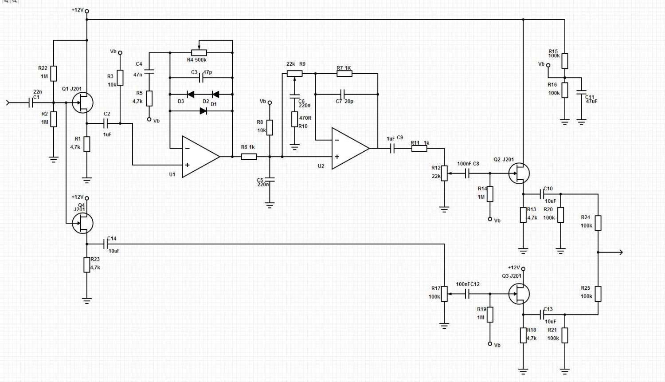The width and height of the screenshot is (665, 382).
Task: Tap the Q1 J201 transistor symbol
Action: pyautogui.click(x=82, y=103)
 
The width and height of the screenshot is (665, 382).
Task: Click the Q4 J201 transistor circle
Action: pyautogui.click(x=82, y=223)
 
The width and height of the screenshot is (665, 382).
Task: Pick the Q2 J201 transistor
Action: pyautogui.click(x=519, y=173)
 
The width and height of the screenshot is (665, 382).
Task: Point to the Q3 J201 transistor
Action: pyautogui.click(x=519, y=294)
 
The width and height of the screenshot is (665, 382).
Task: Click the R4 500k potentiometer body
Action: pyautogui.click(x=199, y=53)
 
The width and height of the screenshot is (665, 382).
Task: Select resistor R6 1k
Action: pyautogui.click(x=249, y=157)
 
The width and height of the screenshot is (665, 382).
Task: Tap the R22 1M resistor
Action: pyautogui.click(x=54, y=73)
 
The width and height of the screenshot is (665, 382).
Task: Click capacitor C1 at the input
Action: pyautogui.click(x=31, y=103)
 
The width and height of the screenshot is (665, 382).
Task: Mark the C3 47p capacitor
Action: pyautogui.click(x=201, y=78)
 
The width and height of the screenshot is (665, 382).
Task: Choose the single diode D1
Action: pyautogui.click(x=203, y=111)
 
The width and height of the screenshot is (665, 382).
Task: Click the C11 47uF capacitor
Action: pyautogui.click(x=581, y=92)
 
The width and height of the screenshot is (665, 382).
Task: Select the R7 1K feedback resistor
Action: pyautogui.click(x=344, y=73)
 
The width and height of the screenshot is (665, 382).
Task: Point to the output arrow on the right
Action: pyautogui.click(x=610, y=252)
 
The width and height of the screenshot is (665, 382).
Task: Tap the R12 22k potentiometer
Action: pyautogui.click(x=444, y=173)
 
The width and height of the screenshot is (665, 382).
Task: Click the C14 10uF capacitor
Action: pyautogui.click(x=106, y=244)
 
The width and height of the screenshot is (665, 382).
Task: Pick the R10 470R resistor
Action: pyautogui.click(x=294, y=119)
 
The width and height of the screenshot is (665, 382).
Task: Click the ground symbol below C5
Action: pyautogui.click(x=270, y=205)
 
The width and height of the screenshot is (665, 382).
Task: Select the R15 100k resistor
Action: pyautogui.click(x=565, y=61)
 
